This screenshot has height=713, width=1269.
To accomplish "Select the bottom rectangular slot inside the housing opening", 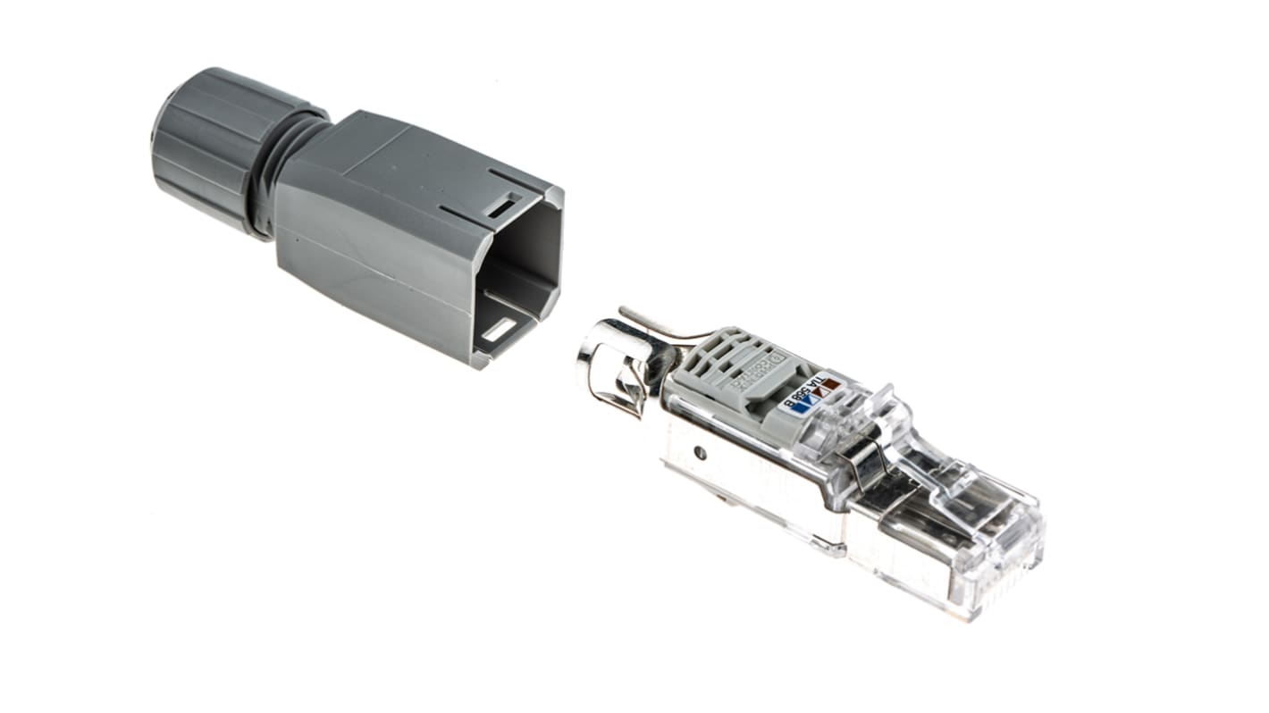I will pyautogui.click(x=503, y=331).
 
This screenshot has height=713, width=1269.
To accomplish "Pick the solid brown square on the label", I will pyautogui.click(x=831, y=384).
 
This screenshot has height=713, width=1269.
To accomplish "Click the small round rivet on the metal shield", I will pyautogui.click(x=701, y=454).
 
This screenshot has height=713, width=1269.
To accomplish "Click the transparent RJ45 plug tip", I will pyautogui.click(x=992, y=554).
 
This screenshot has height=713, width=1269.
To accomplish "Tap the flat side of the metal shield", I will pyautogui.click(x=760, y=482).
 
